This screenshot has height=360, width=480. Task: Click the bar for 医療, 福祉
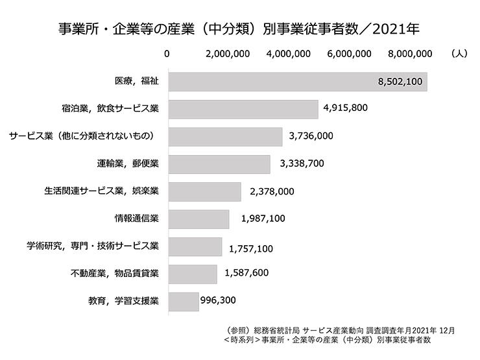297,82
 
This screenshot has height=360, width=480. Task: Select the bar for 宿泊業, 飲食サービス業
243,109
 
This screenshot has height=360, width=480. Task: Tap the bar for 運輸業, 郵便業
219,164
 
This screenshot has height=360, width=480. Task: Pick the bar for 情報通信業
198,219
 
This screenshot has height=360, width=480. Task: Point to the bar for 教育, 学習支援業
184,301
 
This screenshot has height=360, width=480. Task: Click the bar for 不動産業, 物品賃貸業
193,274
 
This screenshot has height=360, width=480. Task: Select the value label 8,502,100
400,82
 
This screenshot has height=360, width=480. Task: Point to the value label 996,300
219,300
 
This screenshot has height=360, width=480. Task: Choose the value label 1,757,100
251,247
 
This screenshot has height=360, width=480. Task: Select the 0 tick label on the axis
168,54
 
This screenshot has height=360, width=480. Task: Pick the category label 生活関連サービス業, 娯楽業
102,191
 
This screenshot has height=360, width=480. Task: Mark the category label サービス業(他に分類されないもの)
83,136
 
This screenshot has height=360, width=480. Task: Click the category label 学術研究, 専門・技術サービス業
93,246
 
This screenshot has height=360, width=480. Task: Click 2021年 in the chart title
400,29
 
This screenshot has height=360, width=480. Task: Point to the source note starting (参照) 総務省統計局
338,331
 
